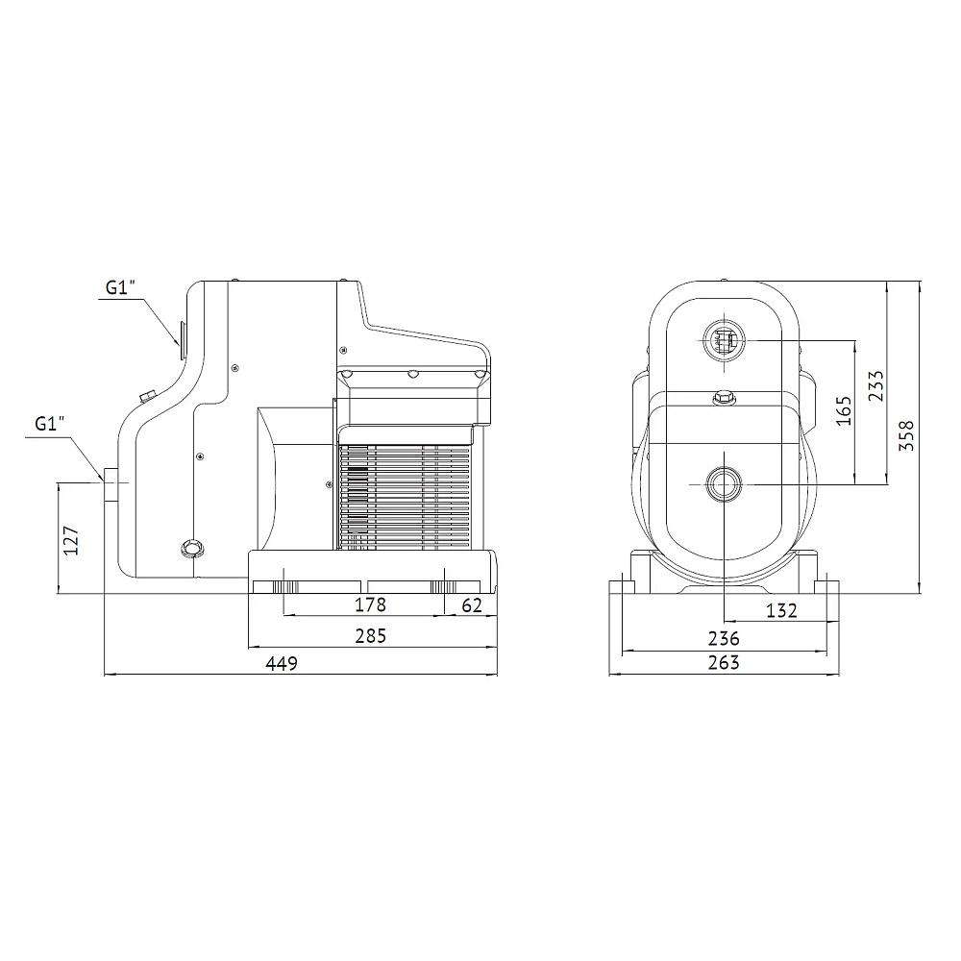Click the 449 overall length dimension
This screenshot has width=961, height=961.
pyautogui.click(x=282, y=663)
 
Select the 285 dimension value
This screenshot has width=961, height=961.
pyautogui.click(x=371, y=635)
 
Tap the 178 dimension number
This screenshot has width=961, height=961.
pyautogui.click(x=370, y=604)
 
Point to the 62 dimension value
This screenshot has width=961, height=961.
pyautogui.click(x=471, y=605)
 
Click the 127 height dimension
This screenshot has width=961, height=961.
pyautogui.click(x=72, y=540)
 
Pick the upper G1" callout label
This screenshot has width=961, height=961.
pyautogui.click(x=119, y=287)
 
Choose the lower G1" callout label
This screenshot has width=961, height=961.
pyautogui.click(x=49, y=424)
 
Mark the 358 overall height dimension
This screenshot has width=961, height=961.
pyautogui.click(x=906, y=435)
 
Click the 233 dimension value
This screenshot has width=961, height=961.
pyautogui.click(x=876, y=385)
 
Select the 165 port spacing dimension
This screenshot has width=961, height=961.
pyautogui.click(x=844, y=410)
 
